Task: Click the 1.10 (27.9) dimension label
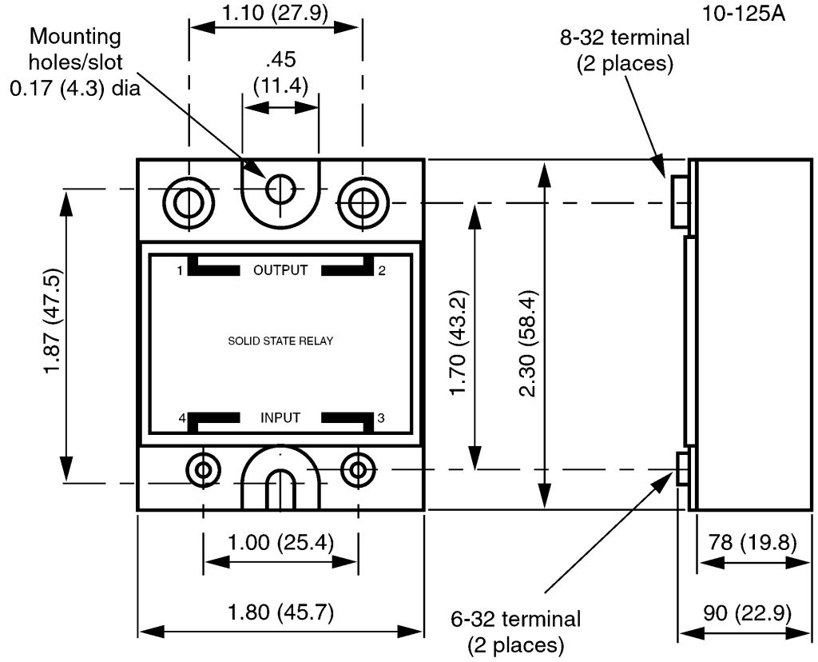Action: pyautogui.click(x=275, y=12)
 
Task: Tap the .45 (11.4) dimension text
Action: pyautogui.click(x=280, y=72)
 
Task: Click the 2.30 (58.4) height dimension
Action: pyautogui.click(x=527, y=344)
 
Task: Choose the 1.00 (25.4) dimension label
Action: pyautogui.click(x=280, y=542)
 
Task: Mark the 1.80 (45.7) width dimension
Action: pyautogui.click(x=280, y=612)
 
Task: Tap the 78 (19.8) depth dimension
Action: pyautogui.click(x=752, y=542)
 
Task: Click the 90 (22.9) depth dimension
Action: pyautogui.click(x=747, y=612)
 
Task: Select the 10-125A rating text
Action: pyautogui.click(x=743, y=13)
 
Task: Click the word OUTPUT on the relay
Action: pyautogui.click(x=280, y=270)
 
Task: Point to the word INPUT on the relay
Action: pyautogui.click(x=280, y=417)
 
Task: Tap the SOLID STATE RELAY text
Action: pyautogui.click(x=280, y=341)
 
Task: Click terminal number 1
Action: pyautogui.click(x=180, y=270)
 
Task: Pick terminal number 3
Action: pyautogui.click(x=381, y=417)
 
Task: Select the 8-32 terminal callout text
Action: pyautogui.click(x=625, y=50)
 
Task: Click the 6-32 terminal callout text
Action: pyautogui.click(x=516, y=632)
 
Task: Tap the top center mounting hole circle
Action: pyautogui.click(x=280, y=188)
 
